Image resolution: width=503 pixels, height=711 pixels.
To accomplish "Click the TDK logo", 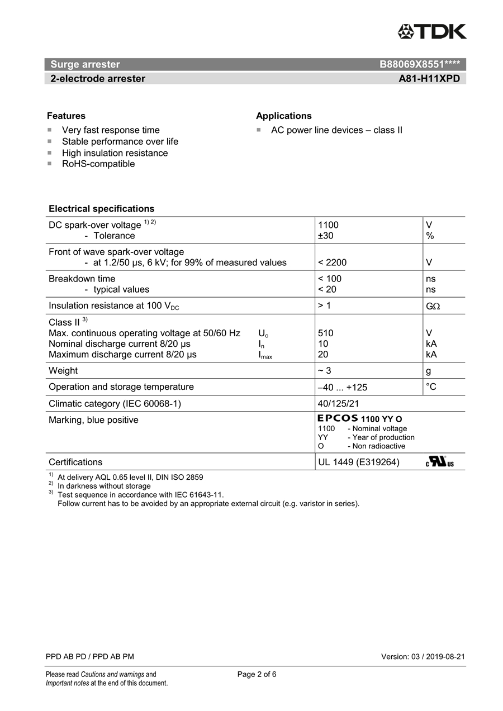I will (x=431, y=32).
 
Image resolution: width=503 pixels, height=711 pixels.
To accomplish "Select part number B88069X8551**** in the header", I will (x=419, y=64).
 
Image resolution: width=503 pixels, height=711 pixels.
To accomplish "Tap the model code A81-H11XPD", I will (x=429, y=79).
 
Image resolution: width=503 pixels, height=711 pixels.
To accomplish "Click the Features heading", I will (x=66, y=116).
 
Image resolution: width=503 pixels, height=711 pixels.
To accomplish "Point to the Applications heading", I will (x=283, y=116).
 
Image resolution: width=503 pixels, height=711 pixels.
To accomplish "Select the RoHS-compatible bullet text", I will (x=98, y=164).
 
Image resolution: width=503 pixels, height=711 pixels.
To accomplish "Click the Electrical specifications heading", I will (x=101, y=209).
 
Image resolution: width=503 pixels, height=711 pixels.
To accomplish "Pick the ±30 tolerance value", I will (x=325, y=236).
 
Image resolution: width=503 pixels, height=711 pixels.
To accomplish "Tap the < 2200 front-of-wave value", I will (x=332, y=263).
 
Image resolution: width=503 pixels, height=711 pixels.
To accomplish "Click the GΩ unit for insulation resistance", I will (x=432, y=306).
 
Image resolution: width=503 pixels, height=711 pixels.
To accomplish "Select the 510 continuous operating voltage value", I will (x=325, y=333).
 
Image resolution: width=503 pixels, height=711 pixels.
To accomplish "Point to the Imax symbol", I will (x=265, y=355).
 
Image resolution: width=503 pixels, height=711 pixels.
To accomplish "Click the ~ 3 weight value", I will (x=325, y=370).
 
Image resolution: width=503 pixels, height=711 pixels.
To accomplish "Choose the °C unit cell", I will (x=431, y=386).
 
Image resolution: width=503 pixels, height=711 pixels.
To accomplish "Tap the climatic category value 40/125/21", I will (x=338, y=403).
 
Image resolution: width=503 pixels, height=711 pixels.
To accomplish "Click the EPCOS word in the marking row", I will (x=338, y=418).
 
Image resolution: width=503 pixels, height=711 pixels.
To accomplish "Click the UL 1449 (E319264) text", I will (x=358, y=462).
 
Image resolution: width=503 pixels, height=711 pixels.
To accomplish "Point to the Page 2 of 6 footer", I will (x=257, y=674).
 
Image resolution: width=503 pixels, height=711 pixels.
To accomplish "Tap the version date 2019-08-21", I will (x=445, y=657).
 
